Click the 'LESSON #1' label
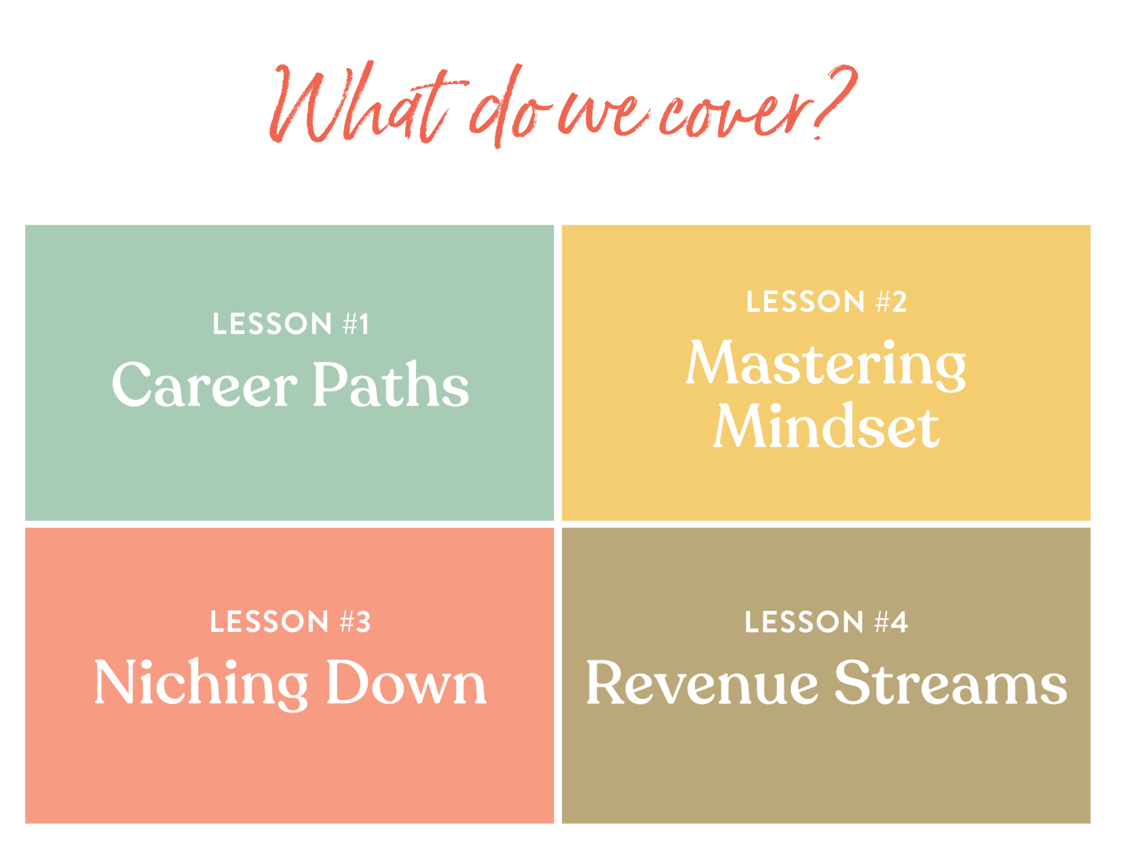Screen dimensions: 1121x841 (x=290, y=324)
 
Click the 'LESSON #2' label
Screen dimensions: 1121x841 (x=826, y=302)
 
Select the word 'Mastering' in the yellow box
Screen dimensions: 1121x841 (x=826, y=364)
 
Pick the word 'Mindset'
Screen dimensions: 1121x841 (x=826, y=426)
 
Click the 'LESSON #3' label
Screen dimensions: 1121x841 (x=290, y=622)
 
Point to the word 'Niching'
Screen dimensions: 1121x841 (x=201, y=684)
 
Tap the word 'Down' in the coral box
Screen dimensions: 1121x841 (x=406, y=682)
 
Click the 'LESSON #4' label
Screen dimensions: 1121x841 (x=826, y=622)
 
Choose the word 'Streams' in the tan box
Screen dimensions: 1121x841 (x=951, y=682)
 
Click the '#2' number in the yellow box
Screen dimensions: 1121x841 (x=892, y=302)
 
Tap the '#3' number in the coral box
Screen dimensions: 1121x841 (x=356, y=622)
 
